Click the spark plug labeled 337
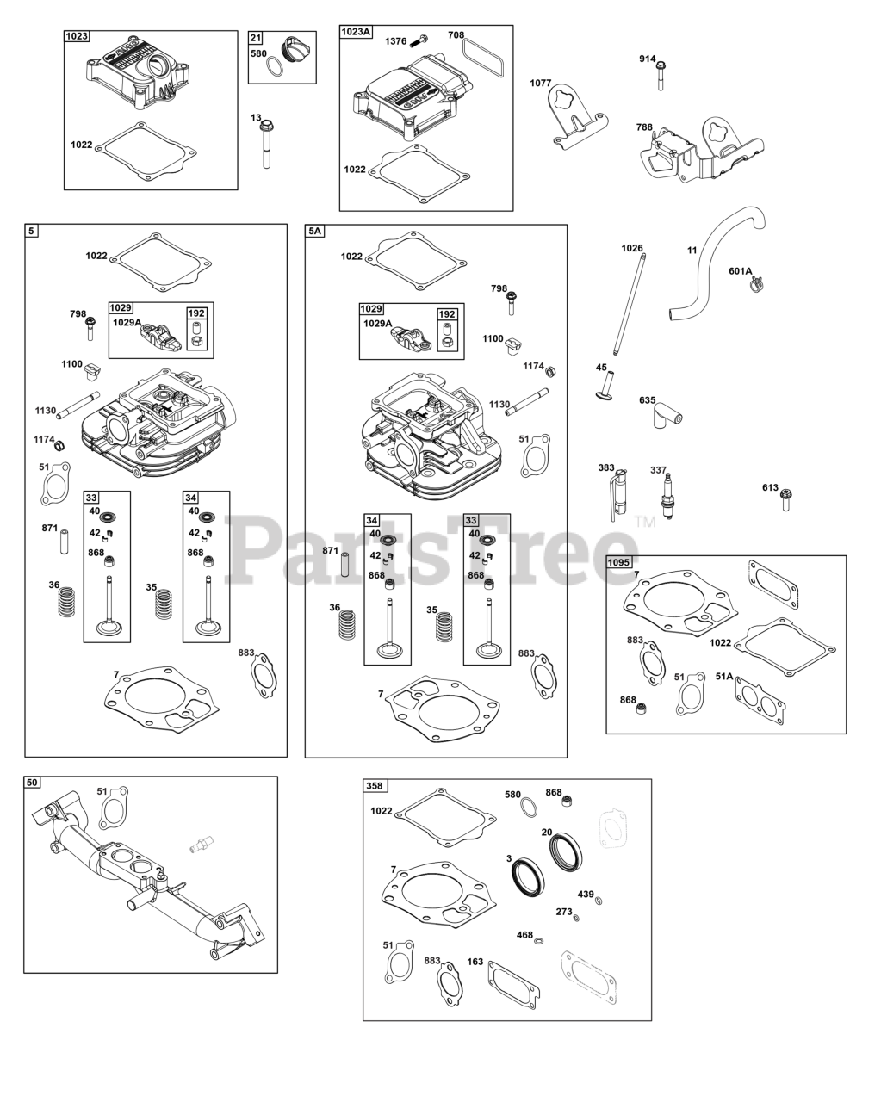coord(667,496)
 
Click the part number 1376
coord(395,41)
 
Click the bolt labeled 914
coord(661,76)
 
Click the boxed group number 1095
coord(618,562)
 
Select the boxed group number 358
coord(375,785)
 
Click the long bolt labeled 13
coord(266,144)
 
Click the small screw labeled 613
coord(785,500)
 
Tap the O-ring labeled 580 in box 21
coord(275,68)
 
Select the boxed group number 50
coord(32,783)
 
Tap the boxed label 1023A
coord(356,32)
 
